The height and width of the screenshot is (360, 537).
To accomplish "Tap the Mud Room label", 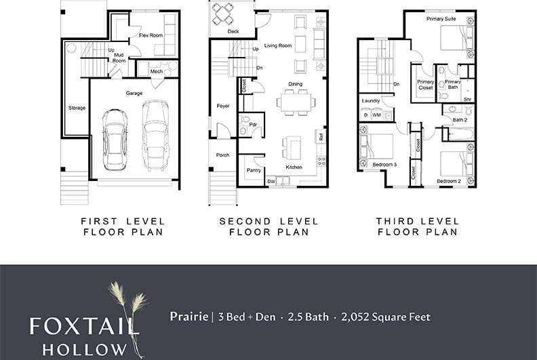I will point(119,57).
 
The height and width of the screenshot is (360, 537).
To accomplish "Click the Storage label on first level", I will point(77,108).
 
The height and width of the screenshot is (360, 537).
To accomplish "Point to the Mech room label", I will point(156,71).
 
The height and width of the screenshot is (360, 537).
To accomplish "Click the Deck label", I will point(233,32).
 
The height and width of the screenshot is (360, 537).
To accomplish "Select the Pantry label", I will point(254,170).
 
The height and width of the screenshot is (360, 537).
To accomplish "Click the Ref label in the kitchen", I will point(320,136).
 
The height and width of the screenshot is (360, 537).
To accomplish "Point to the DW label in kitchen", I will point(271,181).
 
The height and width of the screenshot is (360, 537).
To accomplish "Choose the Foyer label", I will point(223,106).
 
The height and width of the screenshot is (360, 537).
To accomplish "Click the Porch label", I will point(222,155).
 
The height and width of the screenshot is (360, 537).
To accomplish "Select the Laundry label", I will point(371,101).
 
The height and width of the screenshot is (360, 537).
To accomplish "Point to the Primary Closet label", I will point(425,85).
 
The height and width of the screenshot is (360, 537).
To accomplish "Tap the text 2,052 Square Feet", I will point(388,317).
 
